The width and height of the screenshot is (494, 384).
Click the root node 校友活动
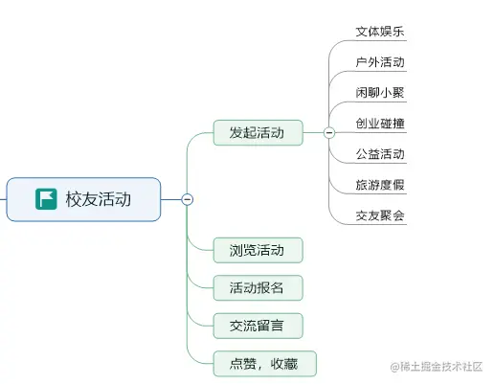click(x=83, y=199)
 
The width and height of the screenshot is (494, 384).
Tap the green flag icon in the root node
click(x=45, y=199)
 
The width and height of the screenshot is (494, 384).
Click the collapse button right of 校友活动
click(x=188, y=199)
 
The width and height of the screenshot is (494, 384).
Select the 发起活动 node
click(x=258, y=133)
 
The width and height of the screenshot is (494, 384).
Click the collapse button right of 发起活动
click(x=329, y=133)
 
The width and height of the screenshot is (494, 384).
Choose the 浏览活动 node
click(x=258, y=250)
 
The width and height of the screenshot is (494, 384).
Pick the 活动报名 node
click(x=258, y=287)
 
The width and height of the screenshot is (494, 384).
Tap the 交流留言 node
click(x=258, y=326)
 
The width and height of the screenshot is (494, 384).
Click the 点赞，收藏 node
click(x=264, y=364)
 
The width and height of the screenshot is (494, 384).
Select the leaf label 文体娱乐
click(x=379, y=32)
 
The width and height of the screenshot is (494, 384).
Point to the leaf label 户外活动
click(x=379, y=62)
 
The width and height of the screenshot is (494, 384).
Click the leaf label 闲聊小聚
click(x=379, y=93)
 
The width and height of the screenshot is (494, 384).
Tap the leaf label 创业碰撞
click(x=379, y=124)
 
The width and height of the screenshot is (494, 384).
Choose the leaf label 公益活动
click(x=379, y=154)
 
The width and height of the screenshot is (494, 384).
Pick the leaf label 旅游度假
click(x=379, y=185)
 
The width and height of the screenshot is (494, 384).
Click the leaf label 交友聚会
click(x=379, y=215)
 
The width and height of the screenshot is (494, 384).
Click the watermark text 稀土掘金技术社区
click(x=439, y=367)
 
